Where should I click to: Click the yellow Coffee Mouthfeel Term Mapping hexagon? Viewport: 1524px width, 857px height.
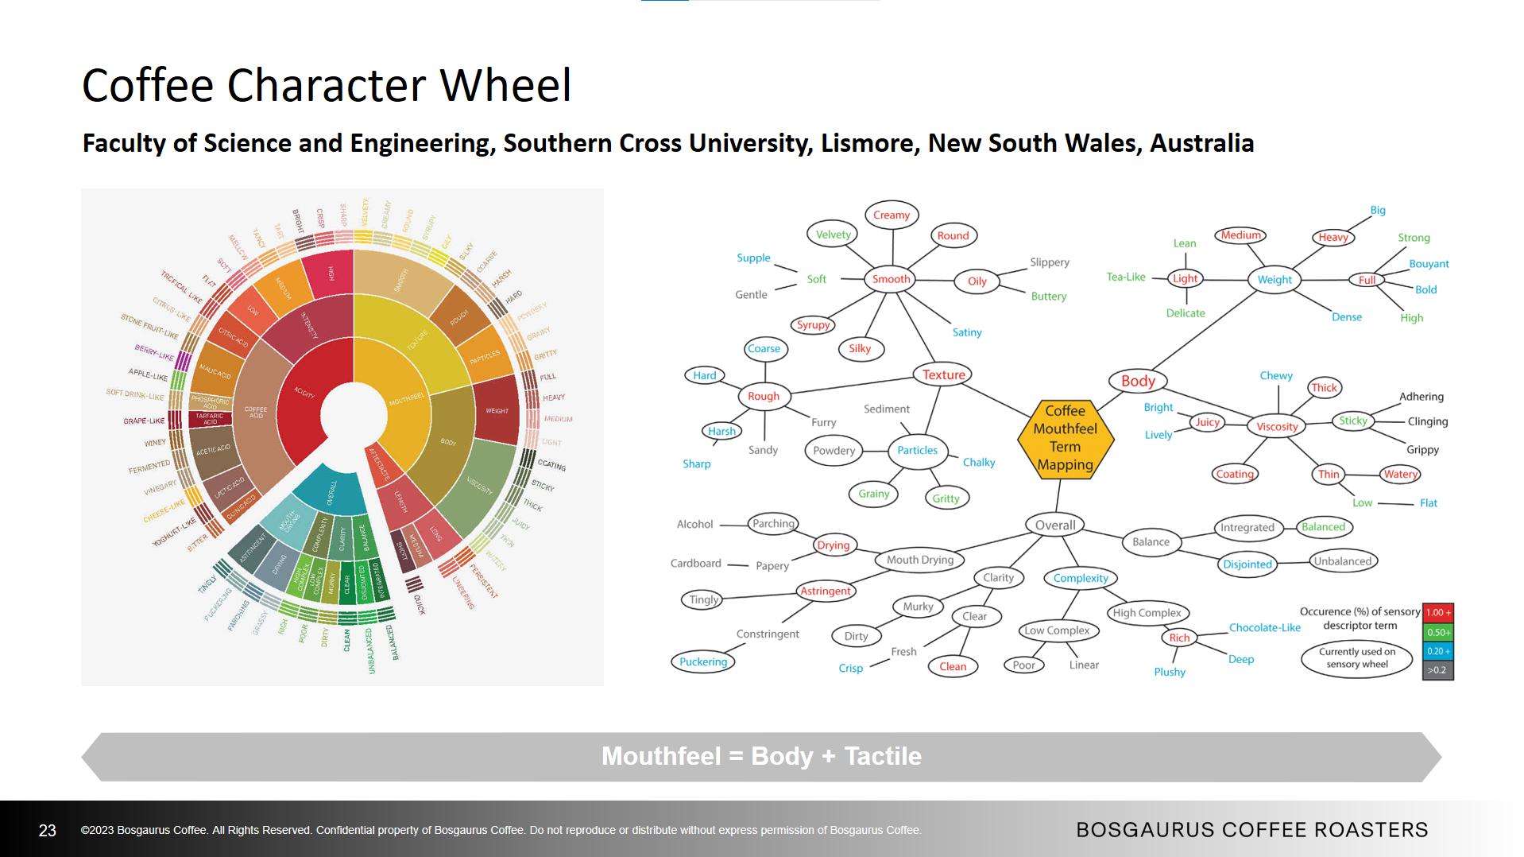tap(1065, 438)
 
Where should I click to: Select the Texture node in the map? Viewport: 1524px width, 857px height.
tap(943, 374)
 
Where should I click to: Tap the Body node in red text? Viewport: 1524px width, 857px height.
tap(1138, 381)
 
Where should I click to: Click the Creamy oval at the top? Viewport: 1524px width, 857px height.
tap(891, 215)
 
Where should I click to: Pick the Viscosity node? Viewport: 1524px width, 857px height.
tap(1277, 426)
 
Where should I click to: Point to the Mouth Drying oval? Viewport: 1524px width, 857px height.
tap(919, 560)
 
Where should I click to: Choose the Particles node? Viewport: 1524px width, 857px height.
tap(917, 450)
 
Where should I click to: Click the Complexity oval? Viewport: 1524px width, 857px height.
tap(1080, 578)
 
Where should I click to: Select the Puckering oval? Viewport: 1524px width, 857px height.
tap(703, 661)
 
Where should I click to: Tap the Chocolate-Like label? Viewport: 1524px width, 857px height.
tap(1264, 627)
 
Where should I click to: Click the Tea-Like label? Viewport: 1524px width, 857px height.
tap(1126, 277)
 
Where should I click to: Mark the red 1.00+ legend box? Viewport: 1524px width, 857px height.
tap(1437, 613)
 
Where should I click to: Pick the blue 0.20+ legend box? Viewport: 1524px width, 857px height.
tap(1437, 651)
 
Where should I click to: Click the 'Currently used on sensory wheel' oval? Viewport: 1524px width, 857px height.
tap(1356, 657)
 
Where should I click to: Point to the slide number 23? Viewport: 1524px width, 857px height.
tap(48, 830)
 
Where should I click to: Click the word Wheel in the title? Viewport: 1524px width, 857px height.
tap(505, 85)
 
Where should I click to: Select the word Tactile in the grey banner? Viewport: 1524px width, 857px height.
tap(883, 756)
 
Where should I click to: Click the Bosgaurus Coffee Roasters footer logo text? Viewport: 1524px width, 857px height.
tap(1251, 829)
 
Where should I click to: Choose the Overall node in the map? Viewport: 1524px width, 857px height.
tap(1055, 525)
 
